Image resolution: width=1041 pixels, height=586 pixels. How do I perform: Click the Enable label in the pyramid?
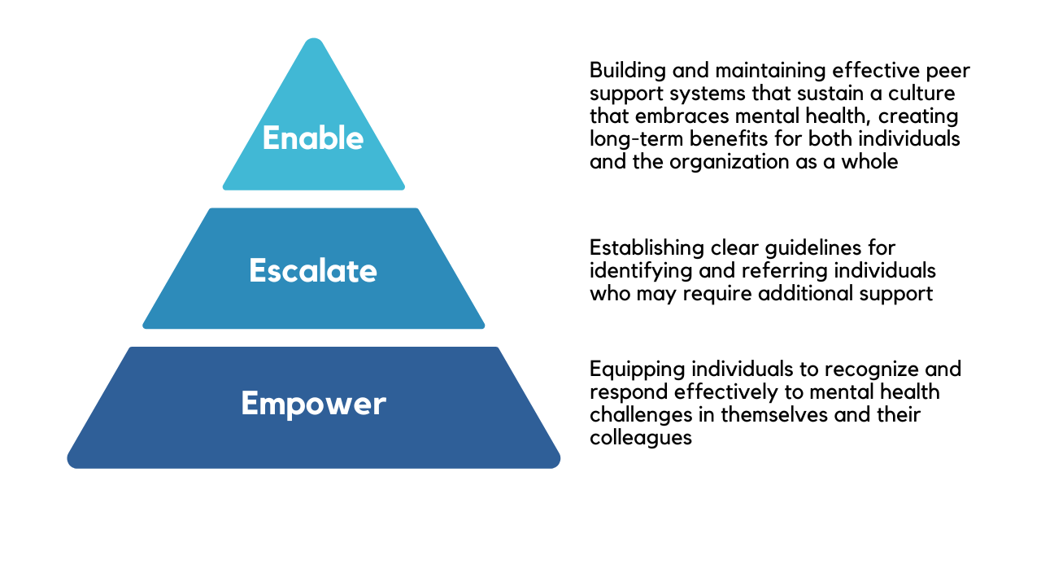pos(313,138)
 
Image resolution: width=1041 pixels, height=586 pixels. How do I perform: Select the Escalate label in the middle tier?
pos(313,270)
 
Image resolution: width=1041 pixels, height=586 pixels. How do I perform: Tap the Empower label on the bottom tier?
pos(313,403)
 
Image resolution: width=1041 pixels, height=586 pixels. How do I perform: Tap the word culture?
pos(923,93)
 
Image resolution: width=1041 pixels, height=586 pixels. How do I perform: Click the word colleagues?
pos(640,437)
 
